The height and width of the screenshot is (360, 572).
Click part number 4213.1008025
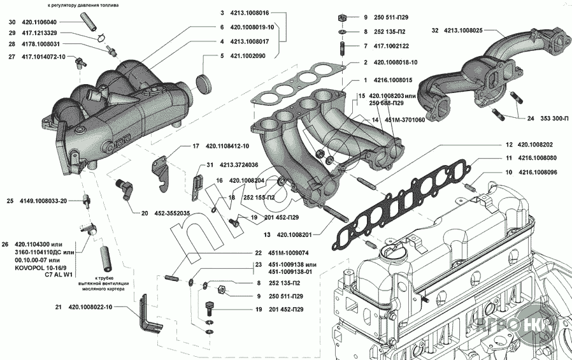pos(463,30)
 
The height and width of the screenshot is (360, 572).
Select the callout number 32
pos(435,30)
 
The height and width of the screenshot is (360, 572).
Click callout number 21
pos(58,307)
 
